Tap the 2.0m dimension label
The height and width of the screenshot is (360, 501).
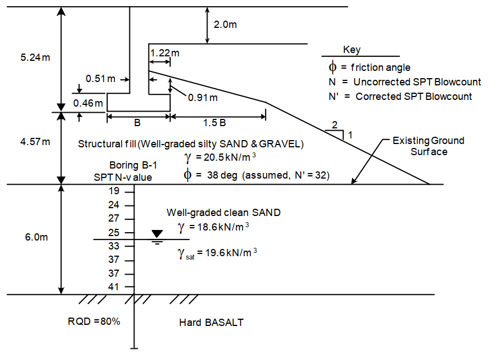point(225,25)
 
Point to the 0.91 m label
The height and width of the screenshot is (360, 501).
point(203,97)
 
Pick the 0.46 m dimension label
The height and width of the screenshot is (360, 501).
point(88,103)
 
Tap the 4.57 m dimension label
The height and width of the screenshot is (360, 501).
point(35,141)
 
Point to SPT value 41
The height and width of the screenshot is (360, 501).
point(114,287)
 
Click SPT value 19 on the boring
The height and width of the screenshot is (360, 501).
point(114,191)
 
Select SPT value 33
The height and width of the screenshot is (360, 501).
point(114,246)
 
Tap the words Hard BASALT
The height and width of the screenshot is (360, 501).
point(211,322)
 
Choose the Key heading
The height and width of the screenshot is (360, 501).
point(351,50)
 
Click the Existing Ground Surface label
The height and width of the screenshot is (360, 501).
point(428,146)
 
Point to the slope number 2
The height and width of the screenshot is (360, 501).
point(335,124)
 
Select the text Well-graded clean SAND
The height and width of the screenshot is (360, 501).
point(224,213)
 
